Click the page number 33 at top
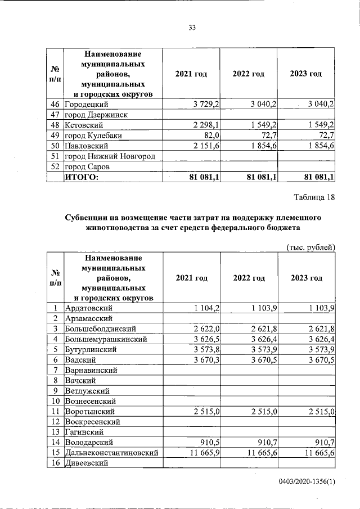coord(192,28)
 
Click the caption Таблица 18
coord(314,197)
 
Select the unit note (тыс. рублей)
coord(311,247)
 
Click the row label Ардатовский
coord(89,308)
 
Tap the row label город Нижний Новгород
coord(109,156)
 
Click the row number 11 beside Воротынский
coord(55,411)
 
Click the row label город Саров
coord(88,166)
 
